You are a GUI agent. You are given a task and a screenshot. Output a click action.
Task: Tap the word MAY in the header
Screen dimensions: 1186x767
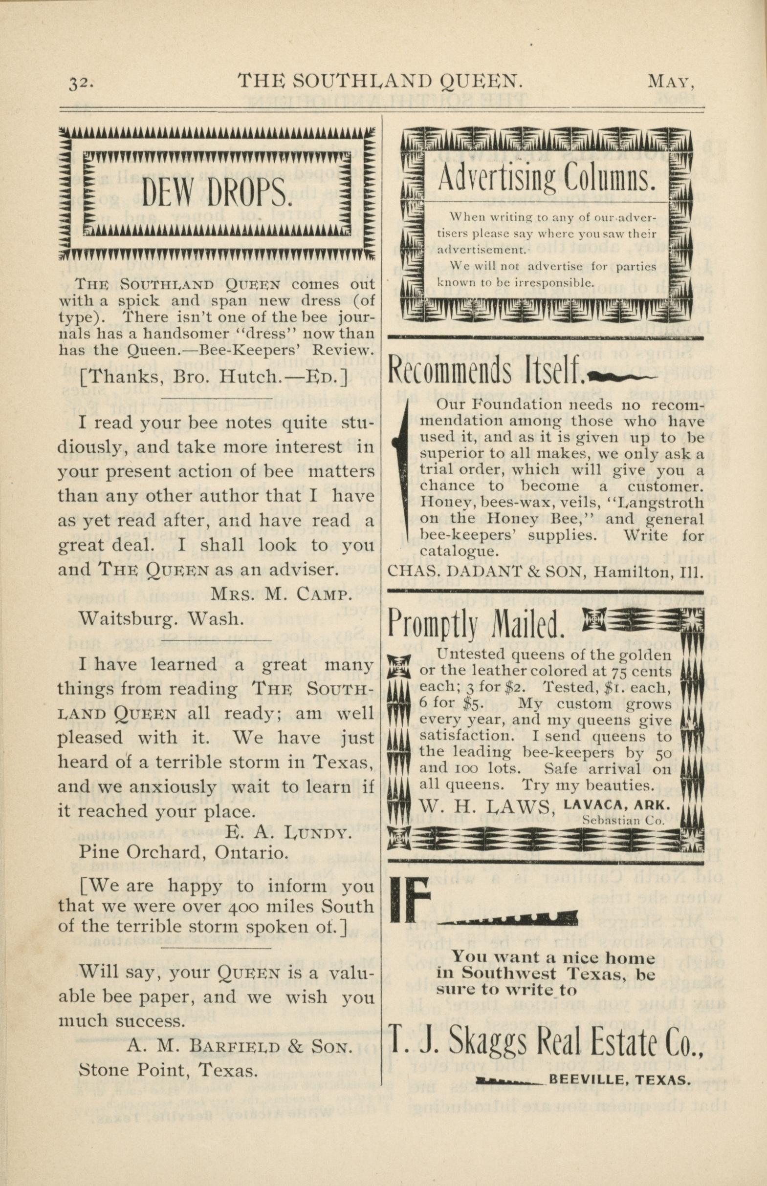point(671,81)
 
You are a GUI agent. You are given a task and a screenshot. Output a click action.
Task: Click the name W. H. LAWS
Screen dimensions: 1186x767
point(487,805)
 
